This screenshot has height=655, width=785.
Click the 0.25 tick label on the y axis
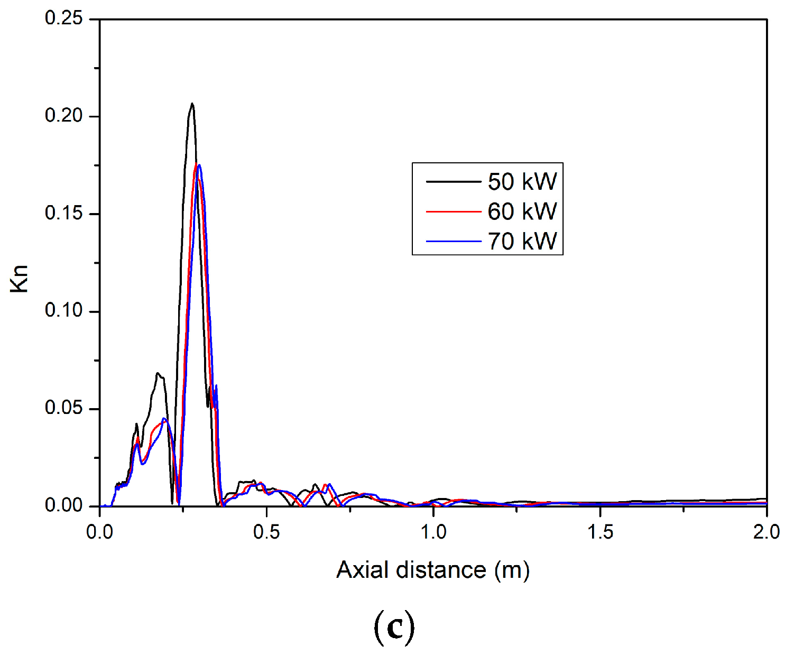tap(64, 19)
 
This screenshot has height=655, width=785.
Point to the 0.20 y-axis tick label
tap(64, 116)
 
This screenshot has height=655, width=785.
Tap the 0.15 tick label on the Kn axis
tap(64, 214)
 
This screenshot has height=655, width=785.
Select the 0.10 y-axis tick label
tap(64, 311)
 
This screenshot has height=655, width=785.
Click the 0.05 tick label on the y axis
tap(64, 408)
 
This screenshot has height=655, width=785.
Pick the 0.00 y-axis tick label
tap(64, 505)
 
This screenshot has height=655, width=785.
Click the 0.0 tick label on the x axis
tap(100, 532)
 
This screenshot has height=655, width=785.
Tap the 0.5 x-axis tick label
tap(266, 532)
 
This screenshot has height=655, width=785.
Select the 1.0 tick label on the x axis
tap(433, 532)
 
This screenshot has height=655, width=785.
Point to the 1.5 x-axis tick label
tap(601, 532)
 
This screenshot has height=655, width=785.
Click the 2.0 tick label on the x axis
tap(766, 532)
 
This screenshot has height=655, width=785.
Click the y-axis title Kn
tap(20, 279)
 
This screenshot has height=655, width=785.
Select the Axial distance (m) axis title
tap(433, 570)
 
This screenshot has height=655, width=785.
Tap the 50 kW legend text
tap(522, 182)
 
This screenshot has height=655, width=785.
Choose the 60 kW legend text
tap(522, 211)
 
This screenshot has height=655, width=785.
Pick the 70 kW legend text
tap(522, 242)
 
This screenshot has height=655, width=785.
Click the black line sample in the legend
tap(454, 182)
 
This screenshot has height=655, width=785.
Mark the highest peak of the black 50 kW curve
tap(192, 104)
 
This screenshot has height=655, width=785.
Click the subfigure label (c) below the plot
tap(394, 627)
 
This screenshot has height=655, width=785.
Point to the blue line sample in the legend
tap(454, 242)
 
